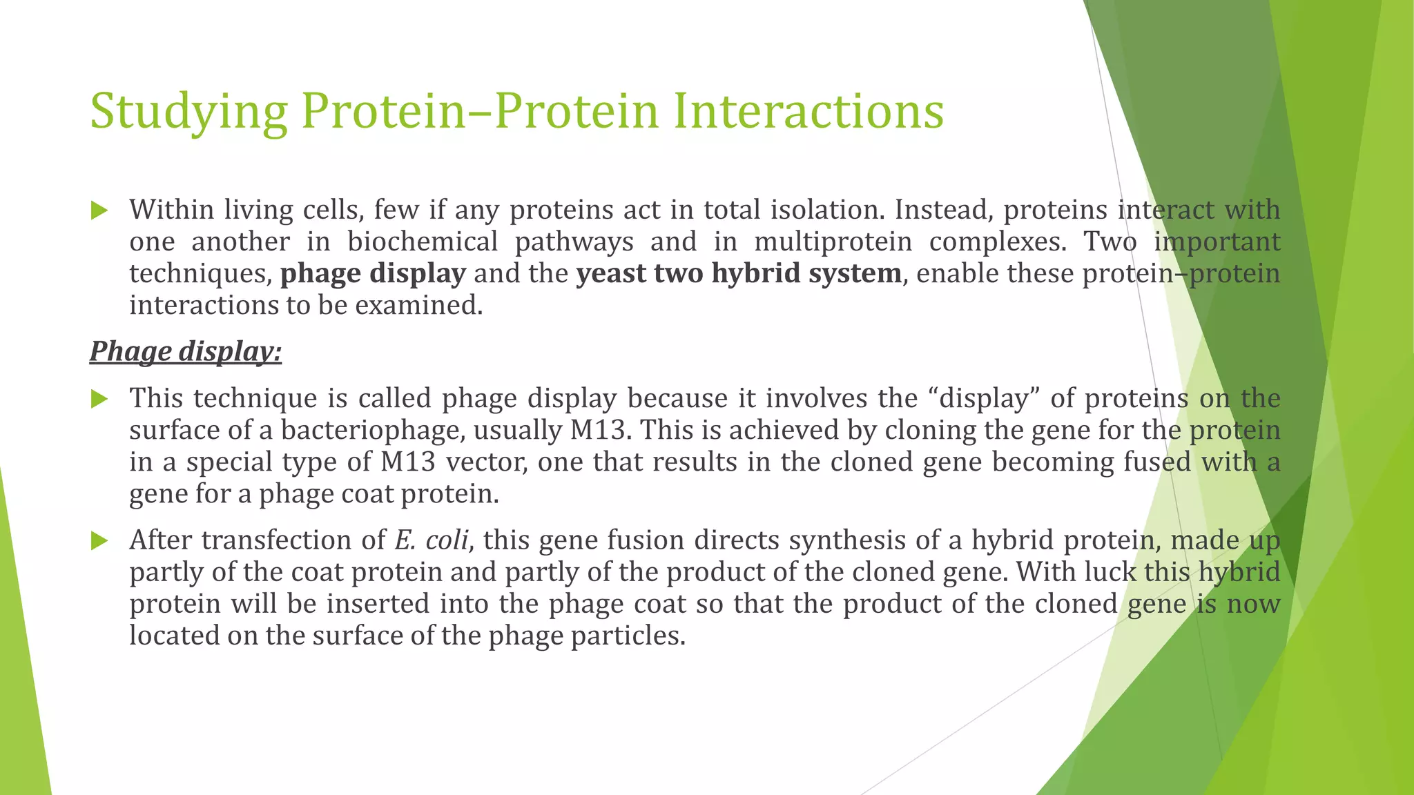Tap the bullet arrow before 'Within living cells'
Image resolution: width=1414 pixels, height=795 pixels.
click(99, 210)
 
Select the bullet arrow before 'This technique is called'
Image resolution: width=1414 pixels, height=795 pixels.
click(99, 399)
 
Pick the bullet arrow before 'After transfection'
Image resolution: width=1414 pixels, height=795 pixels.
click(99, 541)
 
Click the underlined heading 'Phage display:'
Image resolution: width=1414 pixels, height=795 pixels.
click(185, 351)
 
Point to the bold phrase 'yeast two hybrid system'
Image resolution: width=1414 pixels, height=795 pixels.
click(739, 274)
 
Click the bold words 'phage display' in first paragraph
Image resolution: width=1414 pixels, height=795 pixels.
click(373, 274)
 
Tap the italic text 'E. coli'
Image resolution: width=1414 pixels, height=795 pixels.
click(432, 540)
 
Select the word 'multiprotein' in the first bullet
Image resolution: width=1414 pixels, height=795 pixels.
click(833, 242)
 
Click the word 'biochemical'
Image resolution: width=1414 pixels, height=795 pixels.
click(423, 242)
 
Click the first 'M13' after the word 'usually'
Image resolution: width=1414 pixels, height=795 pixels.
click(599, 431)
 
